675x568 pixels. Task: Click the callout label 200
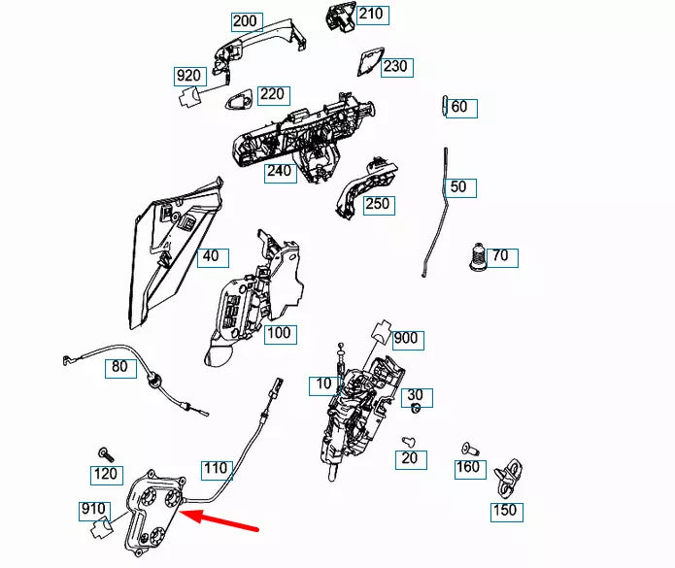(245, 20)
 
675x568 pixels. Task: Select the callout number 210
(371, 15)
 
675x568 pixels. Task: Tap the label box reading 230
(394, 67)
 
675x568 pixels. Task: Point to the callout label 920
(187, 76)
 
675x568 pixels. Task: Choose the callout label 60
(460, 107)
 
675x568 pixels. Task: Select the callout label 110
(215, 469)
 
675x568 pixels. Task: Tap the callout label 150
(506, 511)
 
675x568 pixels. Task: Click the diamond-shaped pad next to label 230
(367, 59)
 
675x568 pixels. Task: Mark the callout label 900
(407, 338)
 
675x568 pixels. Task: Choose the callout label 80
(118, 367)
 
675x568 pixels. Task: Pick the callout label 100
(279, 333)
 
